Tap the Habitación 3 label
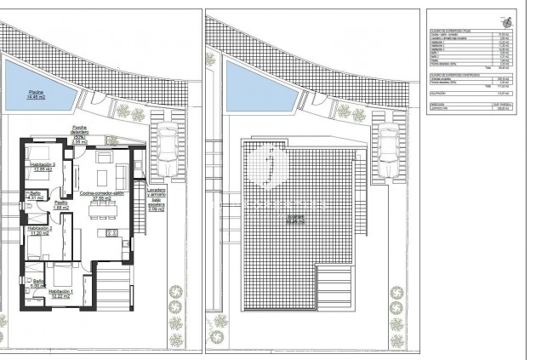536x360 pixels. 43,167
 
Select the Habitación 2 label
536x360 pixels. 39,231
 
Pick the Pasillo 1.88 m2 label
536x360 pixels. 61,205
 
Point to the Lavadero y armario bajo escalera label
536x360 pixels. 157,197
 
